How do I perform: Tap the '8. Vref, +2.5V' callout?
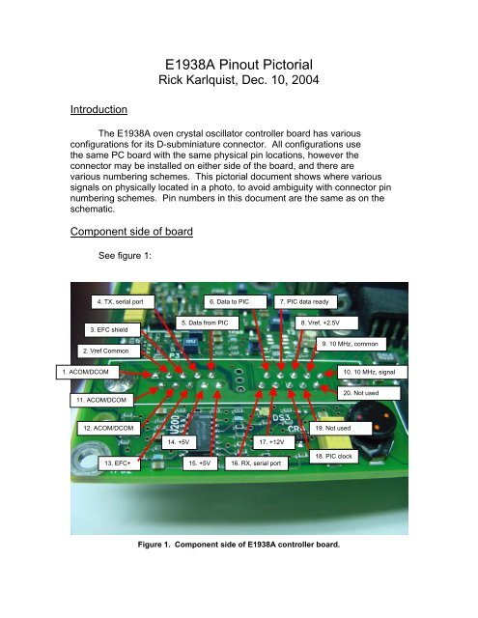[325, 323]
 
